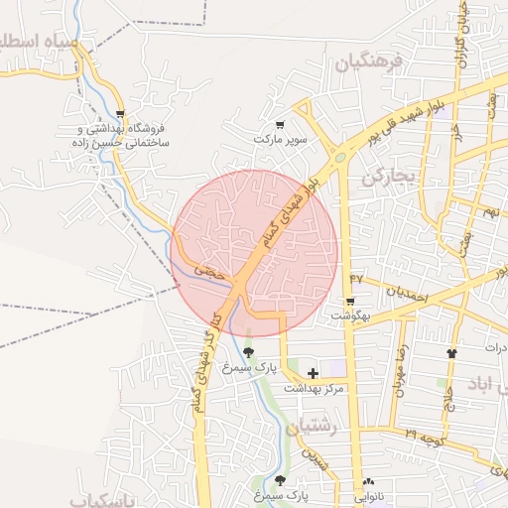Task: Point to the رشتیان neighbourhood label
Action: click(x=313, y=427)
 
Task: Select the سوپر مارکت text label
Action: click(x=281, y=140)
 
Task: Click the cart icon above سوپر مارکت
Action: click(x=281, y=125)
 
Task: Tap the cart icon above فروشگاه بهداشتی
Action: click(x=120, y=114)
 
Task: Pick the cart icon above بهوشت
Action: click(x=349, y=301)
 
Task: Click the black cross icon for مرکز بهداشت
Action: click(x=314, y=373)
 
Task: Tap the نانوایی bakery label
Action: click(x=369, y=493)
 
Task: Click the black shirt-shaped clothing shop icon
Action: click(x=453, y=352)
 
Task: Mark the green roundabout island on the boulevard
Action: click(x=340, y=157)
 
